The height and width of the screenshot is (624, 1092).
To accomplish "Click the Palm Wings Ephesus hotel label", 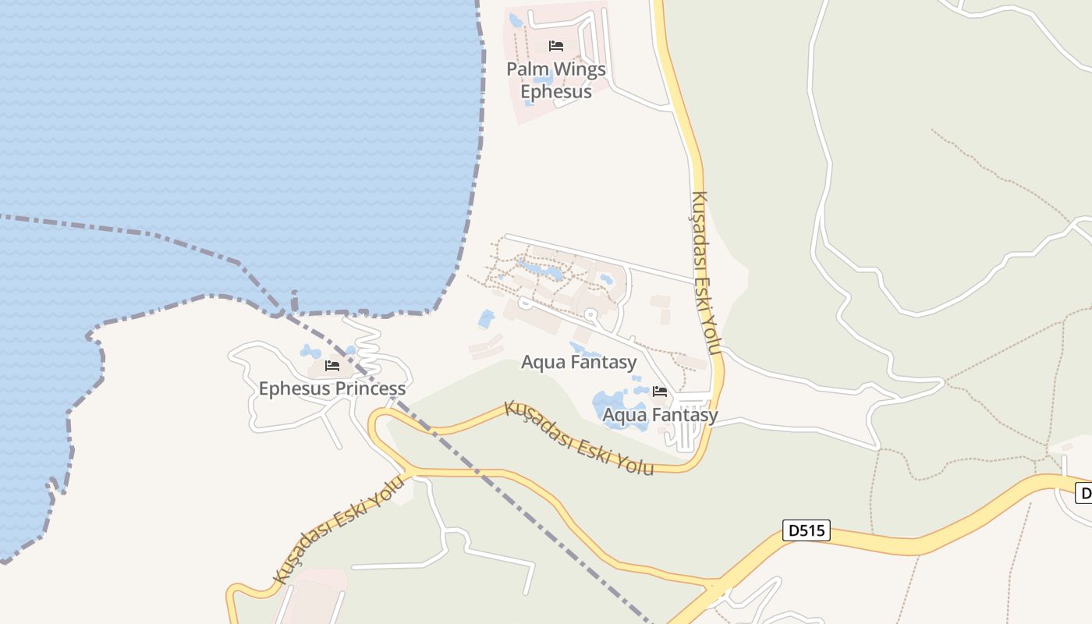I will pos(556,80).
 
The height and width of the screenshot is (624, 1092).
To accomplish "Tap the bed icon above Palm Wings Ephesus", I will pos(556,46).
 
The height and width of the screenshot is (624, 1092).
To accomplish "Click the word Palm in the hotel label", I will pos(526,69).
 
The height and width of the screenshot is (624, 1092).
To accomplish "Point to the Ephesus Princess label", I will pos(331,388).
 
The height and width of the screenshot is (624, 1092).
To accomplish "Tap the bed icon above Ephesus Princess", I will pos(332,365).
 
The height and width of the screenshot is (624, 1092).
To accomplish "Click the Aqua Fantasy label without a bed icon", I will pos(579,362).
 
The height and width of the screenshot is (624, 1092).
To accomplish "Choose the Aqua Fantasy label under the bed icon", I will pos(660,415).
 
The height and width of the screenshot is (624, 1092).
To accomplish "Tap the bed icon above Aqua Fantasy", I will pos(660,391).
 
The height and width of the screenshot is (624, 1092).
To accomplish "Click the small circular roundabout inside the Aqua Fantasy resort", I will pos(591,315).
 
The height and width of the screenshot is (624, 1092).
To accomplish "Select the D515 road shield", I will pos(807,531).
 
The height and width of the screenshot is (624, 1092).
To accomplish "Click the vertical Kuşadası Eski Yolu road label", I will pos(704,273).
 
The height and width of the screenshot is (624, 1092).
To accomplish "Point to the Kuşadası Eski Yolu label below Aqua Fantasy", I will pos(578,438).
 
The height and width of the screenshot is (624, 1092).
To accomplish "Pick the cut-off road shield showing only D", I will pos(1083,493).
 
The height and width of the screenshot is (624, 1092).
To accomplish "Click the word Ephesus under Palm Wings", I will pos(556,91).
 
